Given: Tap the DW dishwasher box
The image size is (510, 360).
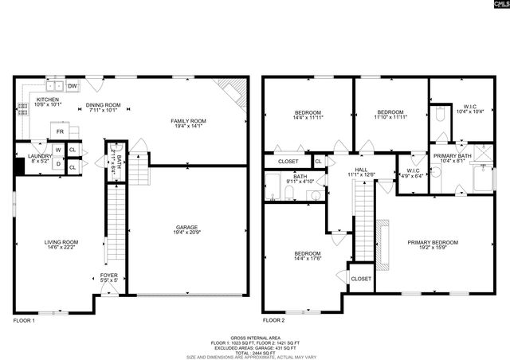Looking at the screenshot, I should click(72, 86).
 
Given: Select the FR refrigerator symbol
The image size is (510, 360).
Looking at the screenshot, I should click(59, 131).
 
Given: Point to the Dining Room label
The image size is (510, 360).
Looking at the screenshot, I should click(103, 108).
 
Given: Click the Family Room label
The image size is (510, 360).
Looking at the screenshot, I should click(187, 123).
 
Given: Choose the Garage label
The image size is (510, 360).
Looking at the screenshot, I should click(187, 230).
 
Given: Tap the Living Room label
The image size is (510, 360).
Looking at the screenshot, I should click(61, 245).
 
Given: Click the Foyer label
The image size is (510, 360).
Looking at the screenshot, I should click(108, 277).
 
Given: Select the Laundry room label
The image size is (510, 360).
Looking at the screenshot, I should click(39, 158).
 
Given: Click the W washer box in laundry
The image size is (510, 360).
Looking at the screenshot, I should click(58, 150).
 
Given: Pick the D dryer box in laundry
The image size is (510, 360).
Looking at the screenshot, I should click(58, 166).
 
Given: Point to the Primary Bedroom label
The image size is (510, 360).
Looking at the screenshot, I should click(433, 245).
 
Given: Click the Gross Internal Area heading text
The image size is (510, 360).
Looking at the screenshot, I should click(254, 338).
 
